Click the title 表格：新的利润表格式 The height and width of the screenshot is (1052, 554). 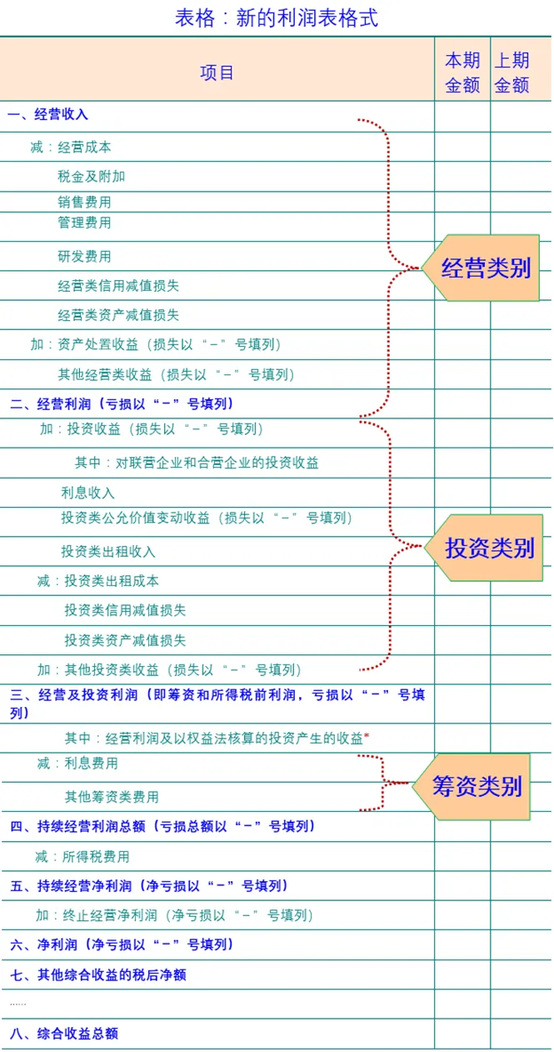(277, 18)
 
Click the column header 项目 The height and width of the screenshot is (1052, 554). (217, 73)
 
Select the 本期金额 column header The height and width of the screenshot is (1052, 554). (462, 73)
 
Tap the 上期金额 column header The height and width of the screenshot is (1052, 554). (512, 73)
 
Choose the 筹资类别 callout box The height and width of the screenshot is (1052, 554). (477, 786)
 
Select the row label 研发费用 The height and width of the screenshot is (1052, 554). (84, 256)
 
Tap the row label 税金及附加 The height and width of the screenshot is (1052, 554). (92, 177)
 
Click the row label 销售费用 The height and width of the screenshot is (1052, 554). (84, 202)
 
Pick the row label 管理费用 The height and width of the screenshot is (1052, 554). (84, 223)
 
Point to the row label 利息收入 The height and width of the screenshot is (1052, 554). (87, 493)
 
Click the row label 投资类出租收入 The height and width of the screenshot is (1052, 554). (107, 552)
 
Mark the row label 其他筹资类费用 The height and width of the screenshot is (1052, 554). (112, 797)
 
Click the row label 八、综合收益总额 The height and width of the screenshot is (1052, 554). (64, 1034)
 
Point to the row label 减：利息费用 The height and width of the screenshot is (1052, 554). (77, 764)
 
